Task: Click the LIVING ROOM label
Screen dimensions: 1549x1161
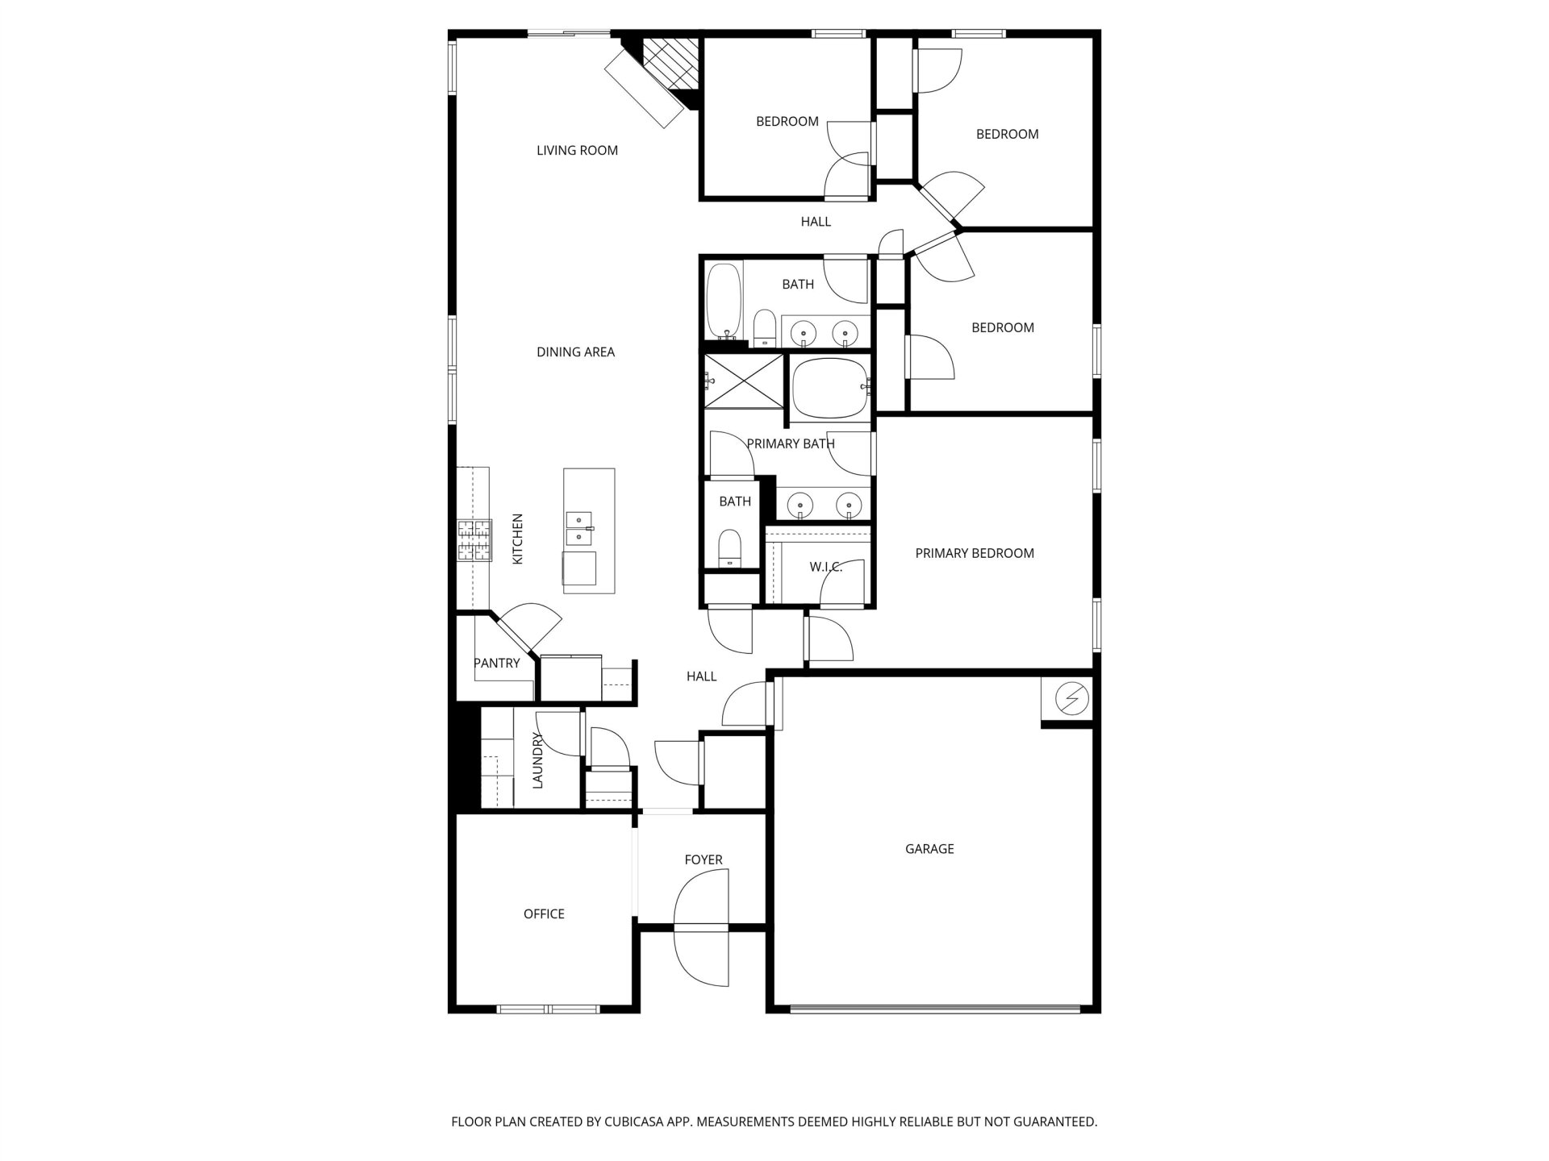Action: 577,150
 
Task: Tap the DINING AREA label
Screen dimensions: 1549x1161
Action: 575,352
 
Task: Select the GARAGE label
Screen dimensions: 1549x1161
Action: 929,848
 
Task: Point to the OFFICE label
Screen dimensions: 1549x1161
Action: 544,913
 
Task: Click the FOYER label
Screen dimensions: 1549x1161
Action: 704,859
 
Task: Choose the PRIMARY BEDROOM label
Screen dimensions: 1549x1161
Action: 975,553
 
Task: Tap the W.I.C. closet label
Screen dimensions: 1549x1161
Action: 826,567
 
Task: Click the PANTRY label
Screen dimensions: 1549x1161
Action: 496,663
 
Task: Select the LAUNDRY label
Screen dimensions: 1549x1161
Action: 538,760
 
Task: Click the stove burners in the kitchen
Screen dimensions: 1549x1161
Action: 475,540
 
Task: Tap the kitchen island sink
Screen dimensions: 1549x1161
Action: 578,529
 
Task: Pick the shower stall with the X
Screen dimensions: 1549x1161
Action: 744,381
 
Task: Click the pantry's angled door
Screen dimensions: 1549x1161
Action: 528,629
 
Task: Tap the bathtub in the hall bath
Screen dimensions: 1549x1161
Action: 724,300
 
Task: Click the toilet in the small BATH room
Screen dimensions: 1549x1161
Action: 729,549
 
